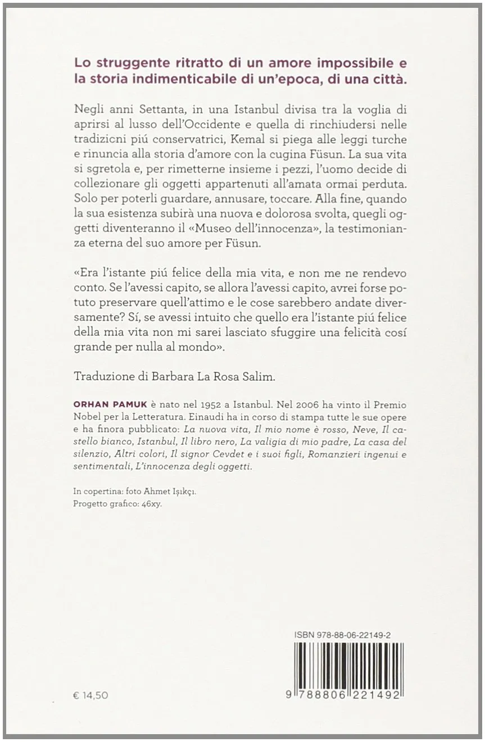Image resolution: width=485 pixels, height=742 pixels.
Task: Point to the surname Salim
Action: pyautogui.click(x=257, y=377)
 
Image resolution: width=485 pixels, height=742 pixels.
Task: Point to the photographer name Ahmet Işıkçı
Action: pyautogui.click(x=171, y=491)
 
